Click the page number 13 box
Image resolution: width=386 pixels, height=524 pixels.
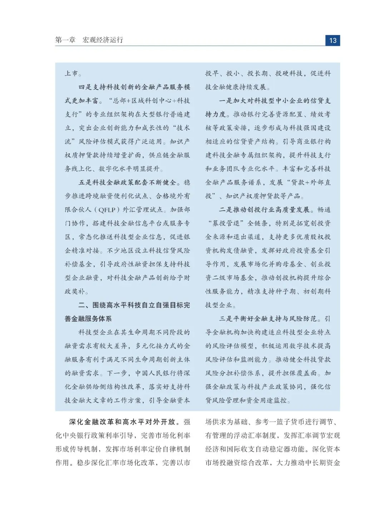332,40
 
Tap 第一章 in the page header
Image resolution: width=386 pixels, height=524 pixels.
65,40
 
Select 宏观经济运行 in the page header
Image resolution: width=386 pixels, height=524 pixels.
103,40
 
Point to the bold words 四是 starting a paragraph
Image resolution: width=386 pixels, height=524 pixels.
85,87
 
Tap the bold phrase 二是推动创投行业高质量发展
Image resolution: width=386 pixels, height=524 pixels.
264,210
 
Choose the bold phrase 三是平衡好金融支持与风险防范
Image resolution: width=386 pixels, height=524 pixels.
268,319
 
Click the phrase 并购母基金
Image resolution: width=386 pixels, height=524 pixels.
286,264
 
